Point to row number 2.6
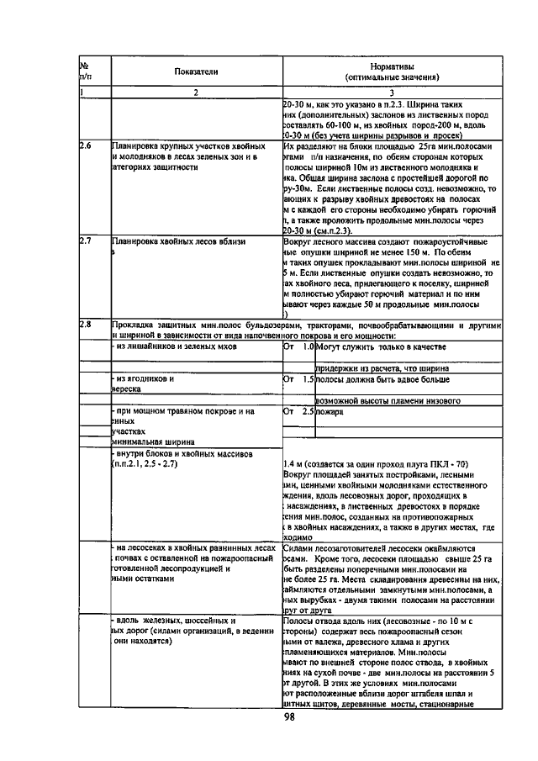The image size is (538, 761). pos(85,145)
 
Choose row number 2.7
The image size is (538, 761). pos(85,241)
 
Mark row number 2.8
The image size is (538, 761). pos(85,324)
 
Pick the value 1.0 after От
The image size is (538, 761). pos(308,346)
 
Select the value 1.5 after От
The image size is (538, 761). pos(308,379)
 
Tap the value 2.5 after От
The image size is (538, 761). pos(308,412)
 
